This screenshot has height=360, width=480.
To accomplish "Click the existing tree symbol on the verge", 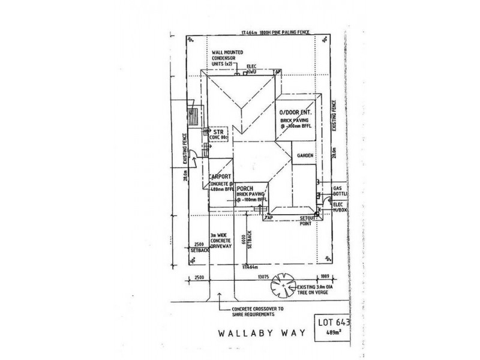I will click(282, 284).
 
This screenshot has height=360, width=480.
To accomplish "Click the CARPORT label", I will click(220, 178).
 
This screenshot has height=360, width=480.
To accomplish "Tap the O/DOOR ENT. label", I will click(295, 113).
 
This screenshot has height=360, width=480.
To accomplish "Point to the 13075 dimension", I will click(259, 277).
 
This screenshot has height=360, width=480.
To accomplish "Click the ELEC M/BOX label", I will click(340, 206).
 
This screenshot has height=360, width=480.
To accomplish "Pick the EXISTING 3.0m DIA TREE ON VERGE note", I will click(320, 292).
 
